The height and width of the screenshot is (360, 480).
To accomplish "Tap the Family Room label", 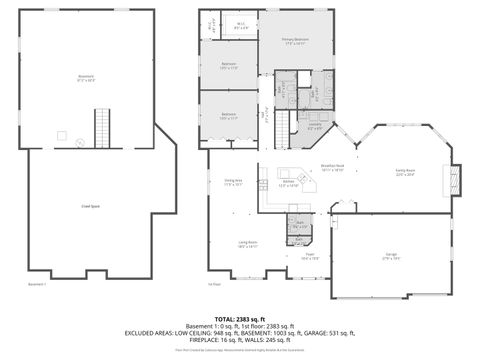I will click(x=405, y=172).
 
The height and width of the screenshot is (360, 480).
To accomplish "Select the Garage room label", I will click(x=391, y=256).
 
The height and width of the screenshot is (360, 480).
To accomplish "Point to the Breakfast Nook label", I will click(x=332, y=169).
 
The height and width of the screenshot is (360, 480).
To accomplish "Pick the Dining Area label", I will click(x=233, y=182).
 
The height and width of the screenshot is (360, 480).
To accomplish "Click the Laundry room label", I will click(x=314, y=126).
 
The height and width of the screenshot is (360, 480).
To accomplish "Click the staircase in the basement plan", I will click(x=101, y=127).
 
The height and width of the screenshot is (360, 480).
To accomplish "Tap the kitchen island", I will click(x=289, y=170).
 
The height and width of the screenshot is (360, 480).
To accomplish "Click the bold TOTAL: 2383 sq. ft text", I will click(x=239, y=317).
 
